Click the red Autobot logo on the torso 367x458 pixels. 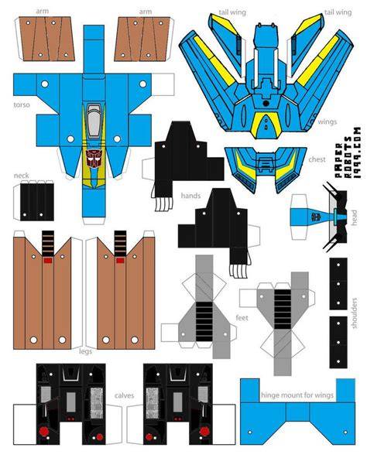94,159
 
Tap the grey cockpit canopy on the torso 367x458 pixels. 94,121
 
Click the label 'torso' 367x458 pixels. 22,105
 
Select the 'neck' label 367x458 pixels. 22,176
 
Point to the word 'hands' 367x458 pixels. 190,196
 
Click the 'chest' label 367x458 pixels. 317,159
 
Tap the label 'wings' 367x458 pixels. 328,121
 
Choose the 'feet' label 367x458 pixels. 242,317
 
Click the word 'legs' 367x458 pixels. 85,351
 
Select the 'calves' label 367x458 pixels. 125,395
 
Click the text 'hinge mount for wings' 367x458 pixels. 297,395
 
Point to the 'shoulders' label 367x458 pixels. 354,313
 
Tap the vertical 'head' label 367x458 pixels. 354,217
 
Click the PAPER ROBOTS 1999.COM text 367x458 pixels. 348,152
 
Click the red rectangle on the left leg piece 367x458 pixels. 48,260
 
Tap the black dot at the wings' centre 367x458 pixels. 266,103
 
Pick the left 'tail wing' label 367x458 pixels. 232,12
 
